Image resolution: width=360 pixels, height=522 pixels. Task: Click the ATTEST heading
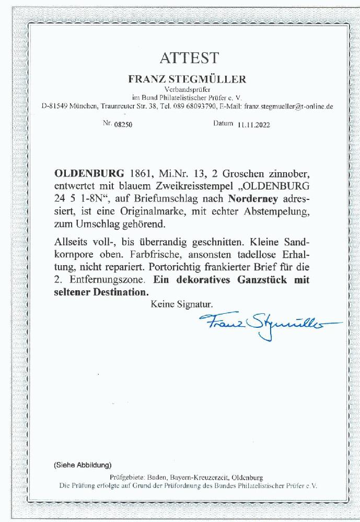click(182, 57)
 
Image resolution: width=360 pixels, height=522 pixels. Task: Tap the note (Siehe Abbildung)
click(82, 464)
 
